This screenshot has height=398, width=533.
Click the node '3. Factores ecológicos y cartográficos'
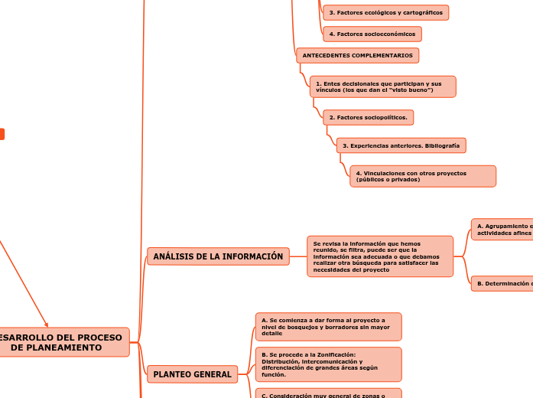pos(385,13)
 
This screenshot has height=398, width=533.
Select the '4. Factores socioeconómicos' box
pos(372,34)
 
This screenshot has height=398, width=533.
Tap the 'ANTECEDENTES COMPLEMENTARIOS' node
pos(357,56)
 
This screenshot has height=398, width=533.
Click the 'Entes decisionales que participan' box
pos(382,86)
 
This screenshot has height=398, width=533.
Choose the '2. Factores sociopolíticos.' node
pos(368,117)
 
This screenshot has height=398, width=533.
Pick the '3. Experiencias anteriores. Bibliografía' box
pos(401,145)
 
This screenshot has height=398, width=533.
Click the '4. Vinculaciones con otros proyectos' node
pos(422,176)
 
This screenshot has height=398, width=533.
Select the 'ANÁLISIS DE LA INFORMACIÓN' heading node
pos(218,256)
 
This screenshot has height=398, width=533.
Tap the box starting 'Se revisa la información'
pos(379,256)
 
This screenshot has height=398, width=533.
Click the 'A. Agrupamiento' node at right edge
pos(502,230)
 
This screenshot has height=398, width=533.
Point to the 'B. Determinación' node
pos(502,284)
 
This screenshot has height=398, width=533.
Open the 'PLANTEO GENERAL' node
pos(192,374)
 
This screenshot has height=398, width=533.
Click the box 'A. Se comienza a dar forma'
pos(328,327)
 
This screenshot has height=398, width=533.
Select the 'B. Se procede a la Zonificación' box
pos(328,364)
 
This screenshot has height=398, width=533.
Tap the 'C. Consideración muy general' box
pos(328,394)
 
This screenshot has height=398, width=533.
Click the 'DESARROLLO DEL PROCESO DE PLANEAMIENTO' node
pos(63,342)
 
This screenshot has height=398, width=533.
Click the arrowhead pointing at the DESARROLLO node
pos(47,325)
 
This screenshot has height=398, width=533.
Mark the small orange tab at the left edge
pos(2,134)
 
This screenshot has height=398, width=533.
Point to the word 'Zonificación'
pos(334,354)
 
